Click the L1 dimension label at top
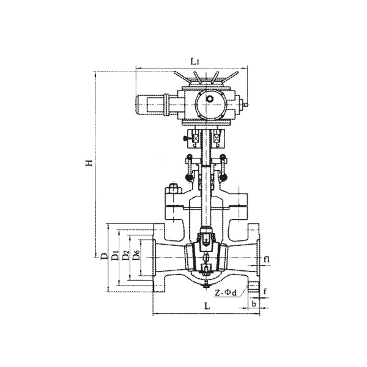click(x=195, y=62)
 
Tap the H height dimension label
click(x=89, y=163)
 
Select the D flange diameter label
click(x=105, y=256)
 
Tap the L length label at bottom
click(x=207, y=306)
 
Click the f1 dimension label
click(x=267, y=259)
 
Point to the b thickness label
click(x=254, y=304)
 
